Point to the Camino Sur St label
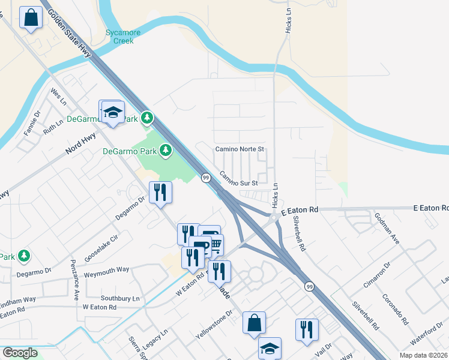[x=238, y=179]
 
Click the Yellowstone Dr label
[x=212, y=326]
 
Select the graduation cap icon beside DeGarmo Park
[x=113, y=112]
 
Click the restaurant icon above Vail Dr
[x=306, y=329]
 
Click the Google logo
[x=20, y=352]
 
